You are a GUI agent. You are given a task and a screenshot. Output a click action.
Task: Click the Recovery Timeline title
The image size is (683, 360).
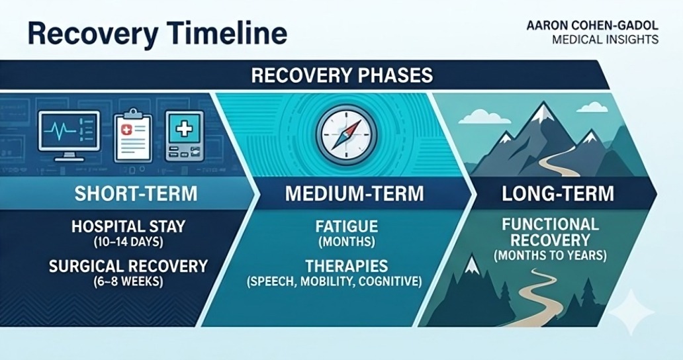[158, 34]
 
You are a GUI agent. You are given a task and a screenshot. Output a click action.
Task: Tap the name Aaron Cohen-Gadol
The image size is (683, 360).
[592, 26]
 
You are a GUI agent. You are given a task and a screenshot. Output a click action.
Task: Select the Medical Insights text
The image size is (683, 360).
[605, 40]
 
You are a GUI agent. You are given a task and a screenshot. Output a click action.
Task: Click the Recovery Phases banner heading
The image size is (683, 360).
[342, 75]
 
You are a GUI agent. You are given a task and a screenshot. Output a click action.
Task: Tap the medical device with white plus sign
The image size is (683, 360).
[184, 136]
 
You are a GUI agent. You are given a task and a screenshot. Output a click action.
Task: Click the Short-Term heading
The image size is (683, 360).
[136, 194]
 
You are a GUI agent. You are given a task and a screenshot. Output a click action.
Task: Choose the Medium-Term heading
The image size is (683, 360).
[354, 194]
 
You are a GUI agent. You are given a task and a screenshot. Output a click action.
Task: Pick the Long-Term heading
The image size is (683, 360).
[557, 194]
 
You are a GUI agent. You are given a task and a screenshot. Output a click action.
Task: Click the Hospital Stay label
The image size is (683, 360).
[128, 226]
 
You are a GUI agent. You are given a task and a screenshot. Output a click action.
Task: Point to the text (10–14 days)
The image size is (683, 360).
[128, 242]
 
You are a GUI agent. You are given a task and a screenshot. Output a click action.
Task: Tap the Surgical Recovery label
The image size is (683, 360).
[128, 266]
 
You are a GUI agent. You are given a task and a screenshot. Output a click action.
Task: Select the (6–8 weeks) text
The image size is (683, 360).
[128, 282]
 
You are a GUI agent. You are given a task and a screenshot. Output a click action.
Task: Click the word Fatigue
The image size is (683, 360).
[347, 226]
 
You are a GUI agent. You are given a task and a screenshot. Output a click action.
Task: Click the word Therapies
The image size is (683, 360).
[346, 266]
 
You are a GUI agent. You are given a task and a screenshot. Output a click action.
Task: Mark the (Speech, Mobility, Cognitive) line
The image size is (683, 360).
[334, 282]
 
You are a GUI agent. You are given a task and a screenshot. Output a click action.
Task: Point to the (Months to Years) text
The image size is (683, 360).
[550, 255]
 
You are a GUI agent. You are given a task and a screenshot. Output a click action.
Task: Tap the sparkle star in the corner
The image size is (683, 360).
[631, 311]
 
